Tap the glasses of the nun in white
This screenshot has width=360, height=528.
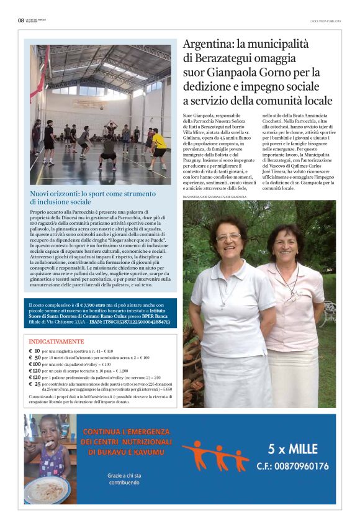coord(228,237)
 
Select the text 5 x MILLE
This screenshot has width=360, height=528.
coord(292,448)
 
